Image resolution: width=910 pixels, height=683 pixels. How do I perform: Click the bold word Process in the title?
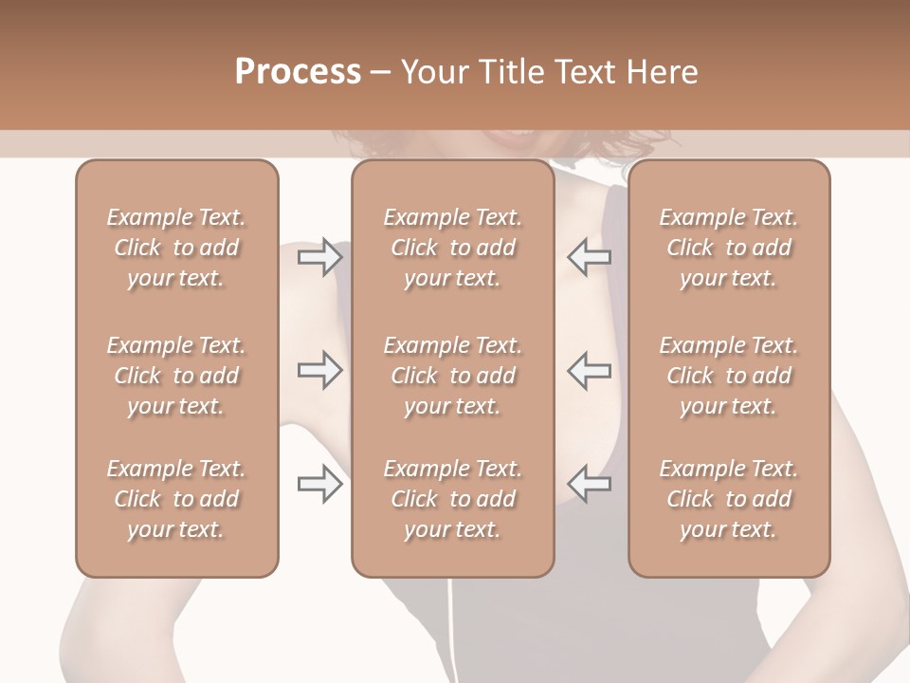(298, 72)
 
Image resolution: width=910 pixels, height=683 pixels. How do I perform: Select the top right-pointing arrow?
(319, 258)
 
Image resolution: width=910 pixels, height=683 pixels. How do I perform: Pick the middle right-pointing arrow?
(319, 371)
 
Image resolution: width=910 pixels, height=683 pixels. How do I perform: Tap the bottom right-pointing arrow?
(319, 485)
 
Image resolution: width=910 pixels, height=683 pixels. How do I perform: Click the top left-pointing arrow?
(589, 258)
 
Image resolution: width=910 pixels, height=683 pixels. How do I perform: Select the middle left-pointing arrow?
(589, 371)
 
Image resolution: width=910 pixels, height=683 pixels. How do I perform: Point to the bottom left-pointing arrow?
(589, 485)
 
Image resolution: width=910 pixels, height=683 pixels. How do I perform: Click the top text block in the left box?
(176, 249)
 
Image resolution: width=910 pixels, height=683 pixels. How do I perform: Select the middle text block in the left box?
(176, 376)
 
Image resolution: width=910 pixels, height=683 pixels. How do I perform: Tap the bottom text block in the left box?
(176, 499)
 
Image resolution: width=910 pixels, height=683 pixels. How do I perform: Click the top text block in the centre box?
(453, 249)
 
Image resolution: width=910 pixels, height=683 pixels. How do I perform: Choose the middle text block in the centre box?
(453, 376)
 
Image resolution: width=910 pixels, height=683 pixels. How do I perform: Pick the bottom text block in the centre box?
(453, 499)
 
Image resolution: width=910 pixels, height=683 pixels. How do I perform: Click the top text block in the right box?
(729, 249)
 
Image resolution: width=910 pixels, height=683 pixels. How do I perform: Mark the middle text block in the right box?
(729, 376)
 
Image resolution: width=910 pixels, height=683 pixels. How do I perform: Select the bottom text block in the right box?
(729, 499)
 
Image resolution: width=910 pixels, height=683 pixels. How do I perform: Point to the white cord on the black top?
(448, 626)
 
